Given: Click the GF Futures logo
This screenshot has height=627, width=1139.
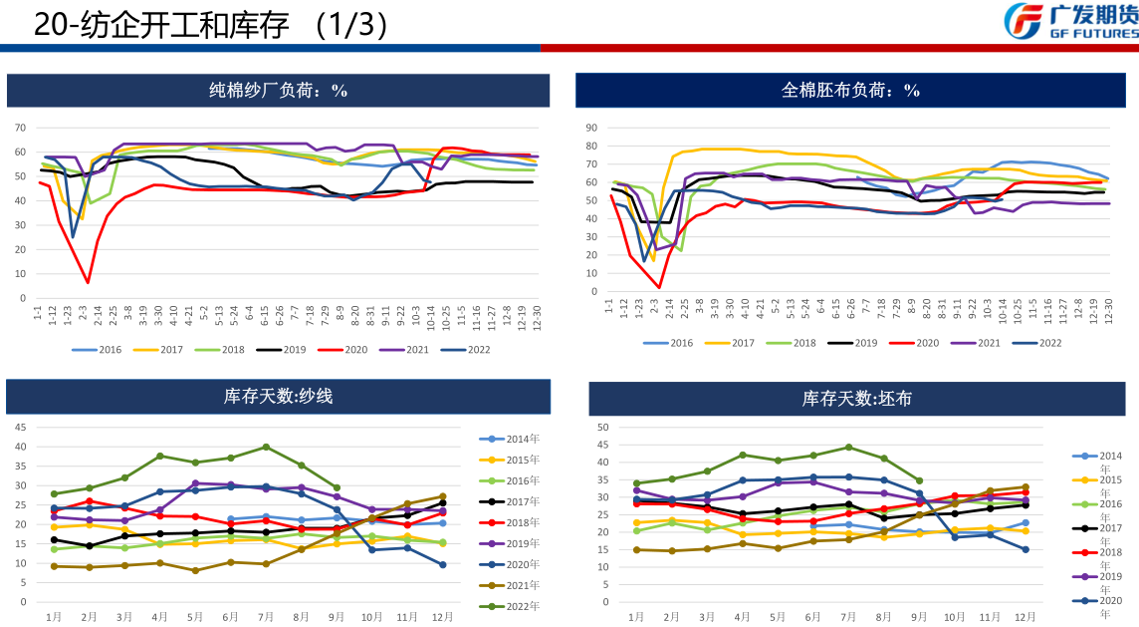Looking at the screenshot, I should click(1070, 21).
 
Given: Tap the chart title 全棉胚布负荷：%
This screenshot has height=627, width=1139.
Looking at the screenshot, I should click(850, 91).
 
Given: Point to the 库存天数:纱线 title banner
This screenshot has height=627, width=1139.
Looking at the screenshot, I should click(278, 396).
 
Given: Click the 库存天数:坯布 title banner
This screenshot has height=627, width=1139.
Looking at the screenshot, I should click(856, 399).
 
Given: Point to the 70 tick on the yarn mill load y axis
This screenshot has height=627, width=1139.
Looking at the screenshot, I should click(19, 128).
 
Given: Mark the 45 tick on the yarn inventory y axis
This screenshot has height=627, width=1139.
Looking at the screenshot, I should click(20, 427).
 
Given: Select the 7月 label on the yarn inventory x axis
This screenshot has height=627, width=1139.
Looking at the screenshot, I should click(266, 617).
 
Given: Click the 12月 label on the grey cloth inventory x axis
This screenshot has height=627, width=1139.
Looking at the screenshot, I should click(1025, 617).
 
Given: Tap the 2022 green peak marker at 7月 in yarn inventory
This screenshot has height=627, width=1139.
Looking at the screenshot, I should click(266, 447).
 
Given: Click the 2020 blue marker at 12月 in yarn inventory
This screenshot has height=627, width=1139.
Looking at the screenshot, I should click(442, 564).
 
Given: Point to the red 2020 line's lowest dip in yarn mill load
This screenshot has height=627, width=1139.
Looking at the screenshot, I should click(88, 282).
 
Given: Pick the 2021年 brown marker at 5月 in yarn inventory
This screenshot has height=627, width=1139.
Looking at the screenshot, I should click(195, 570).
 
